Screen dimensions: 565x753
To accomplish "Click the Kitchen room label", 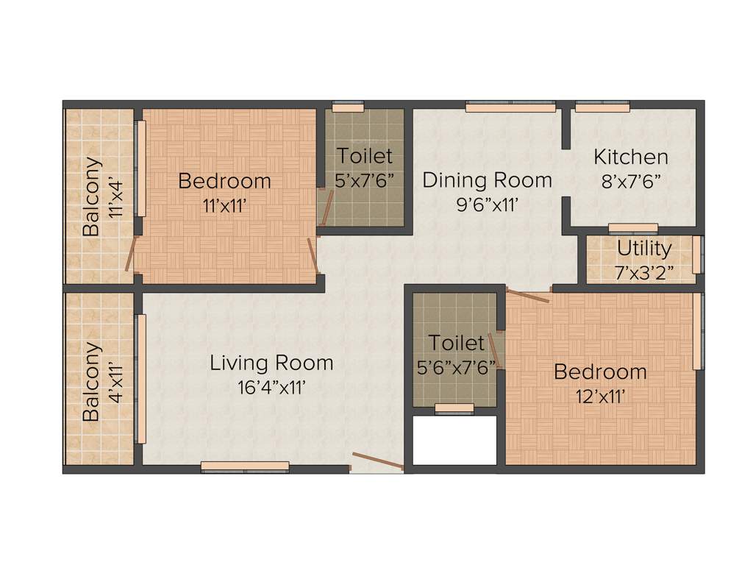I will [x=631, y=157].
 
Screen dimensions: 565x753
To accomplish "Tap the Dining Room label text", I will [x=487, y=180].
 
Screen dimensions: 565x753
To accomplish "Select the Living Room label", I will [x=271, y=363].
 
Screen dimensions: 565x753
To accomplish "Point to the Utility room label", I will [x=643, y=247].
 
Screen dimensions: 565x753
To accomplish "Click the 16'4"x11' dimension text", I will [x=271, y=388].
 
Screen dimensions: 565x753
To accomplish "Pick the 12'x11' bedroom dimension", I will [x=600, y=397].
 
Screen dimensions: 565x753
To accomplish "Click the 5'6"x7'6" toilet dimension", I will [x=457, y=368].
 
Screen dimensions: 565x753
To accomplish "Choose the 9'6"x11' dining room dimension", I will [x=488, y=205].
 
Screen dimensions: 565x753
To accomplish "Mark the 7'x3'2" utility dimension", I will [x=644, y=272].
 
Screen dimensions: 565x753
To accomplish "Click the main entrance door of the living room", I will [x=378, y=461].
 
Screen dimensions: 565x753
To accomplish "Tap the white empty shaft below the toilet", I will [x=454, y=440].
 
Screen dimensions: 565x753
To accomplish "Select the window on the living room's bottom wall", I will [x=245, y=466].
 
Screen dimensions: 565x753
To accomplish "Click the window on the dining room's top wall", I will [x=510, y=107].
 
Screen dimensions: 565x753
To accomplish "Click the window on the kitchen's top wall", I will [x=602, y=107].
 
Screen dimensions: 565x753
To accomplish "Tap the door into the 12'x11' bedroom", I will [x=528, y=296].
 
